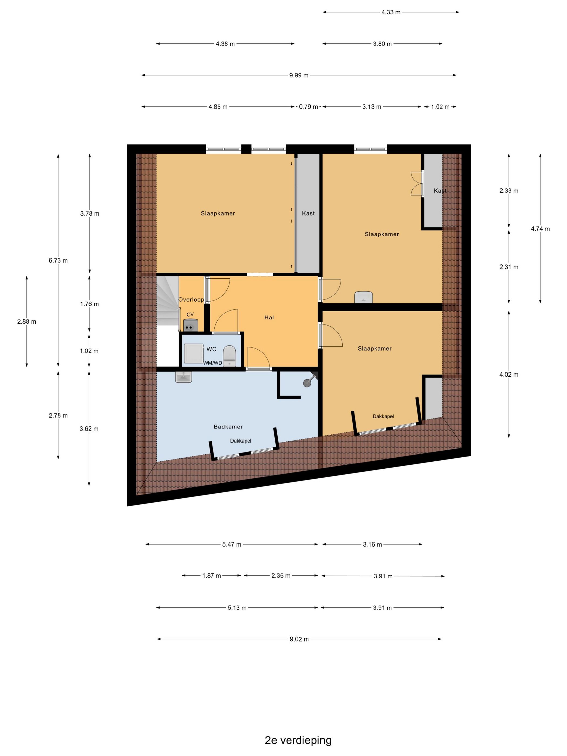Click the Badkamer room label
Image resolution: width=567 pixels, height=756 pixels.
click(228, 427)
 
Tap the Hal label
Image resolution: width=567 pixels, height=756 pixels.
click(269, 318)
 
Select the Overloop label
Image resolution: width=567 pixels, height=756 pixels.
click(191, 299)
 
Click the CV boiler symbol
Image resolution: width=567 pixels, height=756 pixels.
click(190, 325)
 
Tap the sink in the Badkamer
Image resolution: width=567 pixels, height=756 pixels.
click(184, 377)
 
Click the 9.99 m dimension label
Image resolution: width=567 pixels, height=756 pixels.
click(299, 75)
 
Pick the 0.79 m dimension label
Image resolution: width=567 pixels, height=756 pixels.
click(308, 107)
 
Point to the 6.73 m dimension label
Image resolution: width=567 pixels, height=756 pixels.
click(58, 261)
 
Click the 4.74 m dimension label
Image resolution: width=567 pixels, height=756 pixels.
click(540, 229)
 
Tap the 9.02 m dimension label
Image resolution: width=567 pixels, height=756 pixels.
click(299, 639)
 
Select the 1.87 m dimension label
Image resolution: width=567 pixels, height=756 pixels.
click(212, 576)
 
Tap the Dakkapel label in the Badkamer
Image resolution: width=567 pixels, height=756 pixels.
click(241, 441)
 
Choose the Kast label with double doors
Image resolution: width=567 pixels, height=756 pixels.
click(440, 191)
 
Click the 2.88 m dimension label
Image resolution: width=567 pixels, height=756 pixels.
click(27, 322)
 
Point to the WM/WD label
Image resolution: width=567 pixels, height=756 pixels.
click(212, 363)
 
